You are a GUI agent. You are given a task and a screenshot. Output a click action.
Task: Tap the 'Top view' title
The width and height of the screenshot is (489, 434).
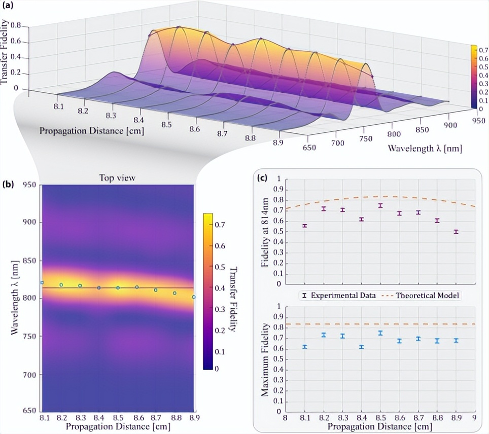pyautogui.click(x=117, y=178)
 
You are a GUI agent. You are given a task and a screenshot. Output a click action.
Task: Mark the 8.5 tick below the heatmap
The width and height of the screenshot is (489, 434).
pyautogui.click(x=118, y=417)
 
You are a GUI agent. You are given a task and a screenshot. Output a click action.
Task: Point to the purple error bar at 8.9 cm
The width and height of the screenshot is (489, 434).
pyautogui.click(x=456, y=232)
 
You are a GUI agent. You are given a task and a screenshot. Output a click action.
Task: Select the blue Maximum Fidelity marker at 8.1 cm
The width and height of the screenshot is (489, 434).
pyautogui.click(x=304, y=347)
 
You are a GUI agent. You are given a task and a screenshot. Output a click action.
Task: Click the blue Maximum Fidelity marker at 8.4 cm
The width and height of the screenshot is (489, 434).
pyautogui.click(x=361, y=347)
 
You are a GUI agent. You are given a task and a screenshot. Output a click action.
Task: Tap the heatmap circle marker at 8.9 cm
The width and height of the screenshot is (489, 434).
pyautogui.click(x=194, y=297)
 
